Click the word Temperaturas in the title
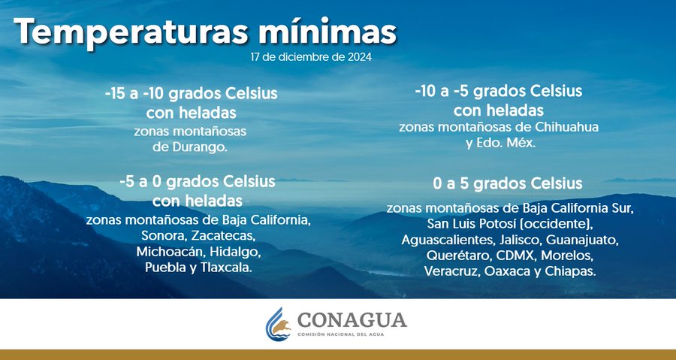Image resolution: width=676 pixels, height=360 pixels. point(131,32)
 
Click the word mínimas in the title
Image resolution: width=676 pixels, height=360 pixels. point(327,32)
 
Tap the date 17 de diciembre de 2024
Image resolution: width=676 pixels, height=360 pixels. point(311,57)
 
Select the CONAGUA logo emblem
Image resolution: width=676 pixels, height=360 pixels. point(279,324)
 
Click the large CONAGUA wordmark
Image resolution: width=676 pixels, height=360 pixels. point(352,320)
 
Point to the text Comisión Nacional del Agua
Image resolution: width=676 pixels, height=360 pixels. point(340,334)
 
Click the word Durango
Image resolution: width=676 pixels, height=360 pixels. point(200,147)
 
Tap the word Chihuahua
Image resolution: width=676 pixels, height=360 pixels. point(566,127)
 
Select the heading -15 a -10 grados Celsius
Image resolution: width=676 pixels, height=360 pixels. point(191,94)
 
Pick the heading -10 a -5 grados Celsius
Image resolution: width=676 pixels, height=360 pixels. point(499,92)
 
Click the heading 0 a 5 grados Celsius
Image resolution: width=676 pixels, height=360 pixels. point(508,183)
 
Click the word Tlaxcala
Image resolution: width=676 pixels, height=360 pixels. point(226,268)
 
